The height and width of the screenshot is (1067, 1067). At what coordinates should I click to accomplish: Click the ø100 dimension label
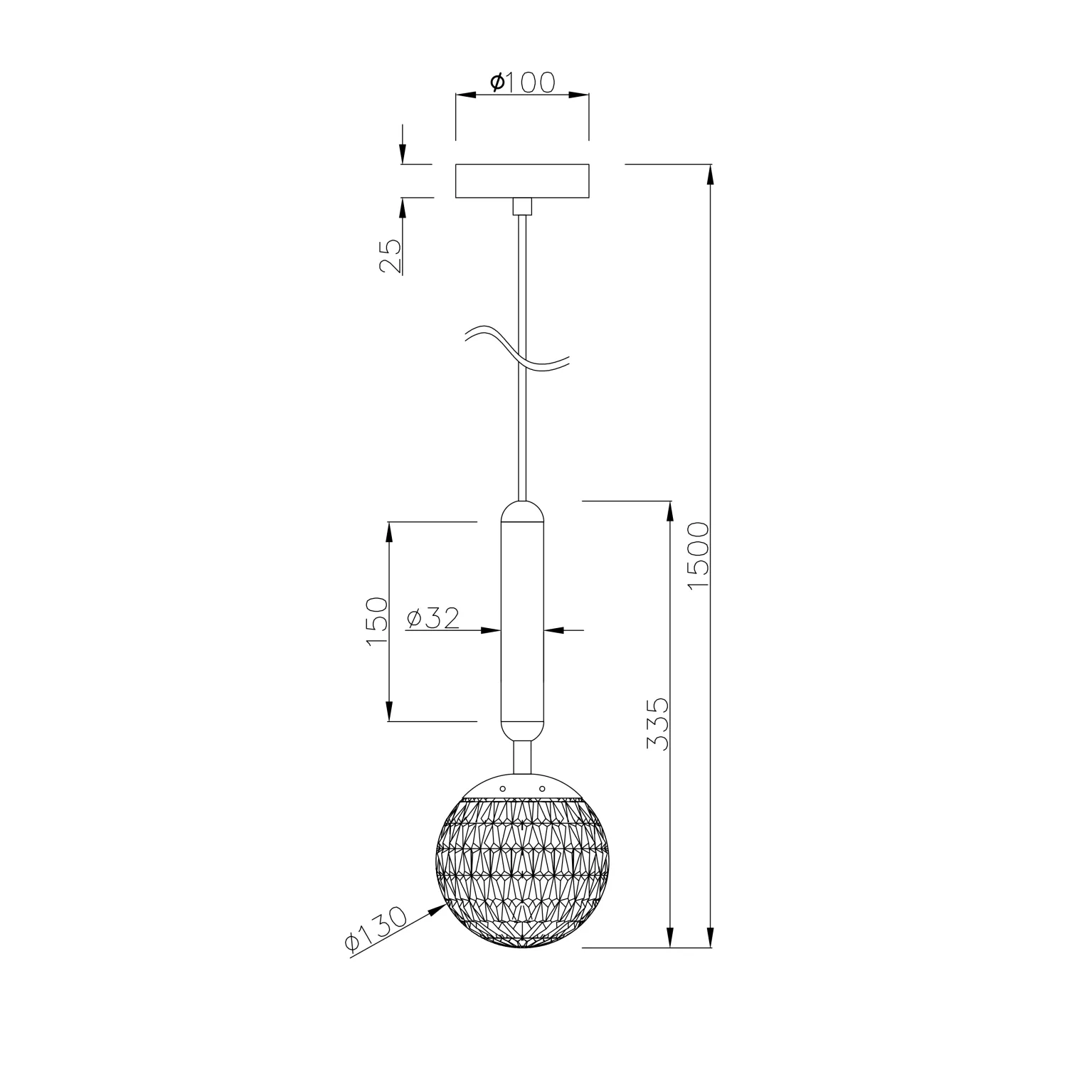[522, 83]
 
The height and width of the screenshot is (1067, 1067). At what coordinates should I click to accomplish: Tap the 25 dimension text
[391, 256]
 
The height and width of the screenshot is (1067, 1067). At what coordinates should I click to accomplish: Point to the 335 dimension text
[658, 723]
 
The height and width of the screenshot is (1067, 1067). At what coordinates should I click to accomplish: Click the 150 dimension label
[377, 622]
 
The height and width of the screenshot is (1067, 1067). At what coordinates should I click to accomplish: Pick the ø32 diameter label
[432, 618]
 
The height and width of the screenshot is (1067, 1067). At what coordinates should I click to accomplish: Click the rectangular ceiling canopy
[522, 181]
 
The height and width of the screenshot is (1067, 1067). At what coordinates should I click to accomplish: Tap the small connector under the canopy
[522, 206]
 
